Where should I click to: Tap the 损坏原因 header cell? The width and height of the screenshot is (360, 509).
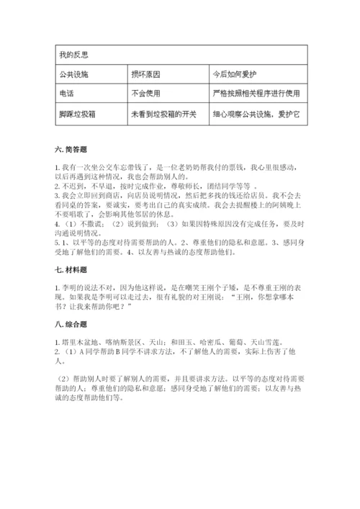click(146, 73)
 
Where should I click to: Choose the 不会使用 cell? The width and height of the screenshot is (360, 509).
click(146, 93)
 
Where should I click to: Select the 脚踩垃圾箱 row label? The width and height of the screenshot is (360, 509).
click(74, 114)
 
